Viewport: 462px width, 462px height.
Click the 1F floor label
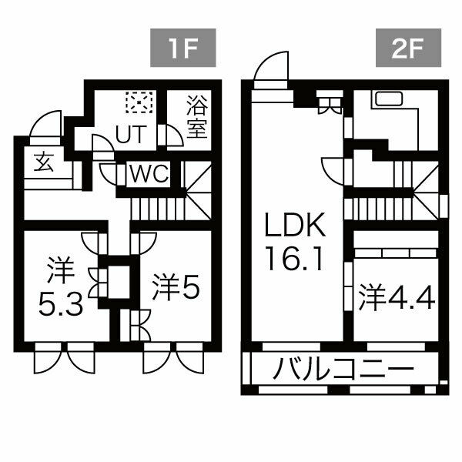(182, 51)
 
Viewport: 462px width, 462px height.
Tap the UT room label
(129, 135)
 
